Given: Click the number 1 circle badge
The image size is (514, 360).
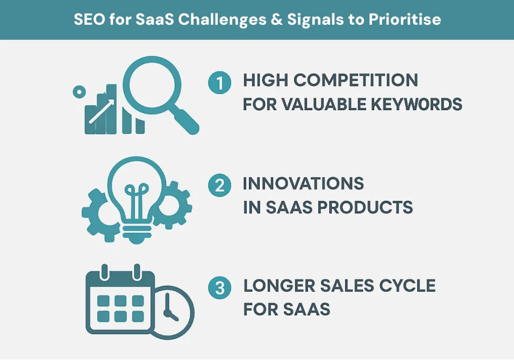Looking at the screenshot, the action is [x=219, y=83].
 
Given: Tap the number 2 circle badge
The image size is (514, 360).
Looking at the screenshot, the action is [x=219, y=185].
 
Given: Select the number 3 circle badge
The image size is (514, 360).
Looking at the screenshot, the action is [x=219, y=288].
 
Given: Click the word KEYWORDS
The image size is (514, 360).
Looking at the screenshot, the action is [x=416, y=104].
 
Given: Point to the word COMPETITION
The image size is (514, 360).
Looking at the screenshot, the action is [x=356, y=80].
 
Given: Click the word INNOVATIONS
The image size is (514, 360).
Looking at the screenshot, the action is [x=303, y=183].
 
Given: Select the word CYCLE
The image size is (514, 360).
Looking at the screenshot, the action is [x=407, y=286].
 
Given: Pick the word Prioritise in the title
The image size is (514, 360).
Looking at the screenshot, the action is [x=404, y=19].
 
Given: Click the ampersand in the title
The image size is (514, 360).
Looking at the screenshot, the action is [x=277, y=19].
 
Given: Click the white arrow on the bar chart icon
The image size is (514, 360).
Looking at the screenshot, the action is [x=102, y=111].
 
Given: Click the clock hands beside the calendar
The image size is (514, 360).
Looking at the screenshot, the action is [x=169, y=308].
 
